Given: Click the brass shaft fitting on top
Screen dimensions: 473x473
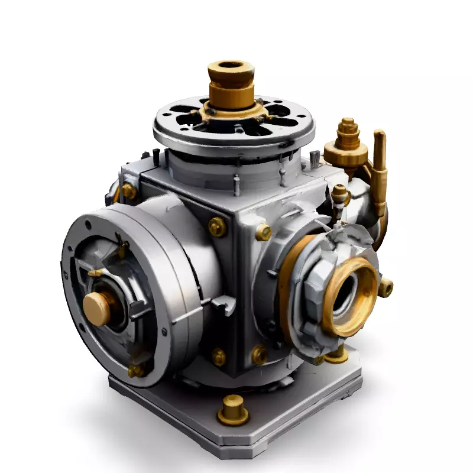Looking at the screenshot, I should coord(231,89).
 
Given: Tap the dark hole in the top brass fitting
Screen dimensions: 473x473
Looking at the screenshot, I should coord(231,65).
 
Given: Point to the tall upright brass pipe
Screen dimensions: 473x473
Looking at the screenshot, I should coord(379,171).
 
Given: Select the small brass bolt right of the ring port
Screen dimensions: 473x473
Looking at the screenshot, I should coord(385,288).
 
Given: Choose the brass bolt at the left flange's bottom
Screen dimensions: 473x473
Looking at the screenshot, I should coord(136,370).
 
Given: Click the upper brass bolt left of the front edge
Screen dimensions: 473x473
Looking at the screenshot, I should coord(217,226).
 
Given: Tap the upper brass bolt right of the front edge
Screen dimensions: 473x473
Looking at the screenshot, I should coord(263,232).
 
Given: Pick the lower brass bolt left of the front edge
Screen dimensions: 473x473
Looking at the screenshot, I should coord(219,357).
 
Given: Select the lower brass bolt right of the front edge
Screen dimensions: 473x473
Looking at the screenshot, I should coord(259,355).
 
